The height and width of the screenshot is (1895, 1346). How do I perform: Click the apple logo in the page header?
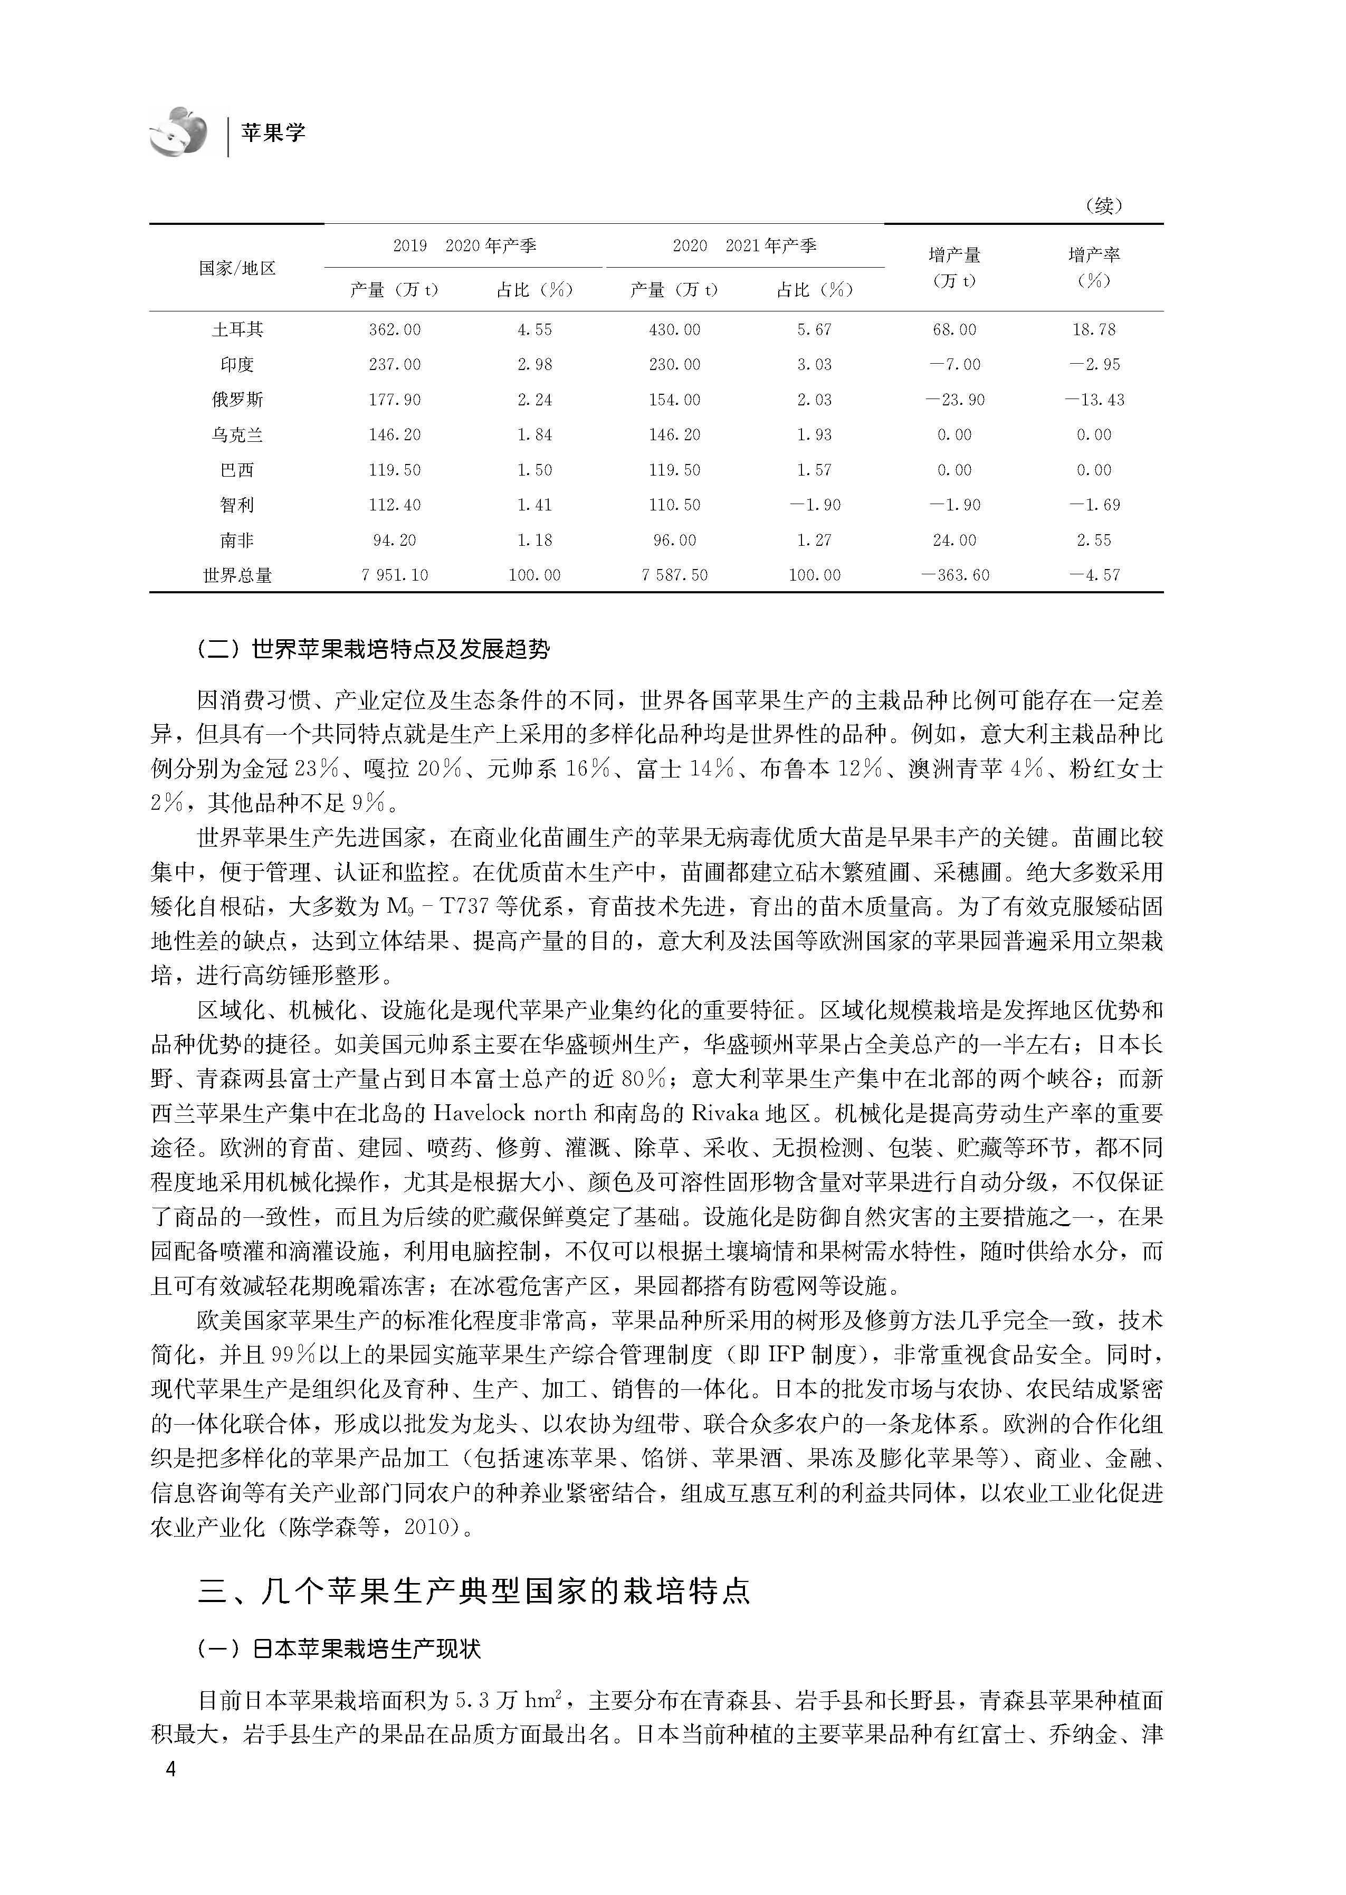(x=178, y=131)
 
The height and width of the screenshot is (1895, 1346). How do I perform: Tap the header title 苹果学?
(x=273, y=132)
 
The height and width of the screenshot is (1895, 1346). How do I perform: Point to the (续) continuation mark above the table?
(x=1102, y=205)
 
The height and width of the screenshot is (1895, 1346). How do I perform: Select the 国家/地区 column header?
(x=237, y=268)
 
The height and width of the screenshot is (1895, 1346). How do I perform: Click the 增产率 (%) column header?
(x=1093, y=267)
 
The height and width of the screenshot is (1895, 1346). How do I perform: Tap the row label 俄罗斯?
(x=237, y=400)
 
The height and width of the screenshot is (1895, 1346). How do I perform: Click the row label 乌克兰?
(x=237, y=435)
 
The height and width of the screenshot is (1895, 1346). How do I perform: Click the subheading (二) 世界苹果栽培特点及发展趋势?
(x=373, y=649)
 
